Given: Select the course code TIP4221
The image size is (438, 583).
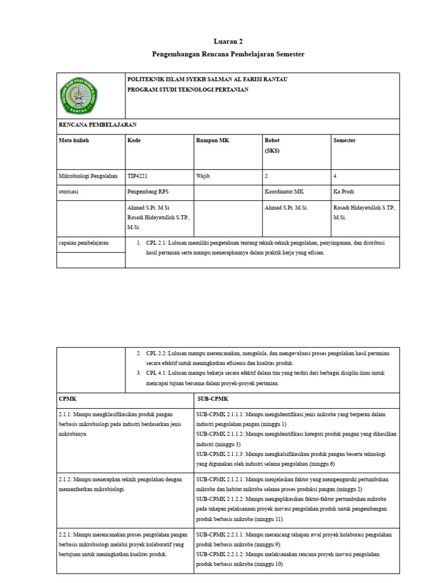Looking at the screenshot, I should [x=139, y=176].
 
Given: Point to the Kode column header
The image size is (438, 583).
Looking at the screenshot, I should [x=134, y=140].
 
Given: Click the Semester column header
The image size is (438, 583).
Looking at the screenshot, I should [x=344, y=140].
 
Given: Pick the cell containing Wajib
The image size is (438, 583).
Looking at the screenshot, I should [x=203, y=176].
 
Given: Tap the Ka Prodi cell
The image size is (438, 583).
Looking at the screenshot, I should [x=343, y=192].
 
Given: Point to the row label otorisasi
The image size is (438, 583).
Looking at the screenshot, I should [x=69, y=192].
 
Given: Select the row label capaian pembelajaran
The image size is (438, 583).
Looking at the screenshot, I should [x=84, y=243].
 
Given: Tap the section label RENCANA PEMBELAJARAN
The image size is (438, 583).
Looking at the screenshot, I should [x=98, y=124].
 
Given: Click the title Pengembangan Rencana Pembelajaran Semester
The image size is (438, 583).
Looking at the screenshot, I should [x=228, y=54].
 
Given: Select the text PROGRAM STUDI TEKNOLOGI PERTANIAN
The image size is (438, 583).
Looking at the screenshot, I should [x=188, y=90].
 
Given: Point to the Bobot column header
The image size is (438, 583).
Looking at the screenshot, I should [x=272, y=140].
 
